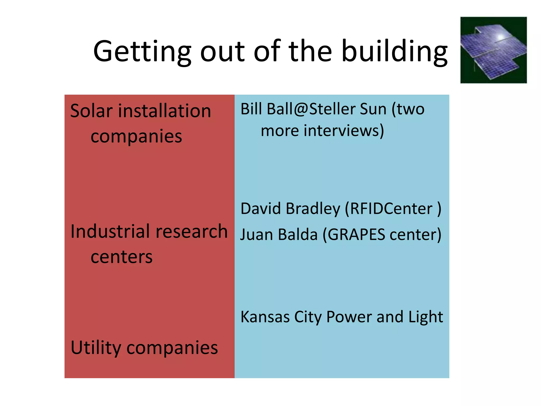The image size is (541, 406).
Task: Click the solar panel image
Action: tap(493, 50)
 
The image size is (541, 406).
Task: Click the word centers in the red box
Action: tap(122, 257)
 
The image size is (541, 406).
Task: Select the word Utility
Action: tap(96, 348)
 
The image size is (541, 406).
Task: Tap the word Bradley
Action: tap(313, 209)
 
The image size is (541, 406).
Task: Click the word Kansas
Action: tap(265, 317)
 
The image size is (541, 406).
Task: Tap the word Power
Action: tap(349, 317)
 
